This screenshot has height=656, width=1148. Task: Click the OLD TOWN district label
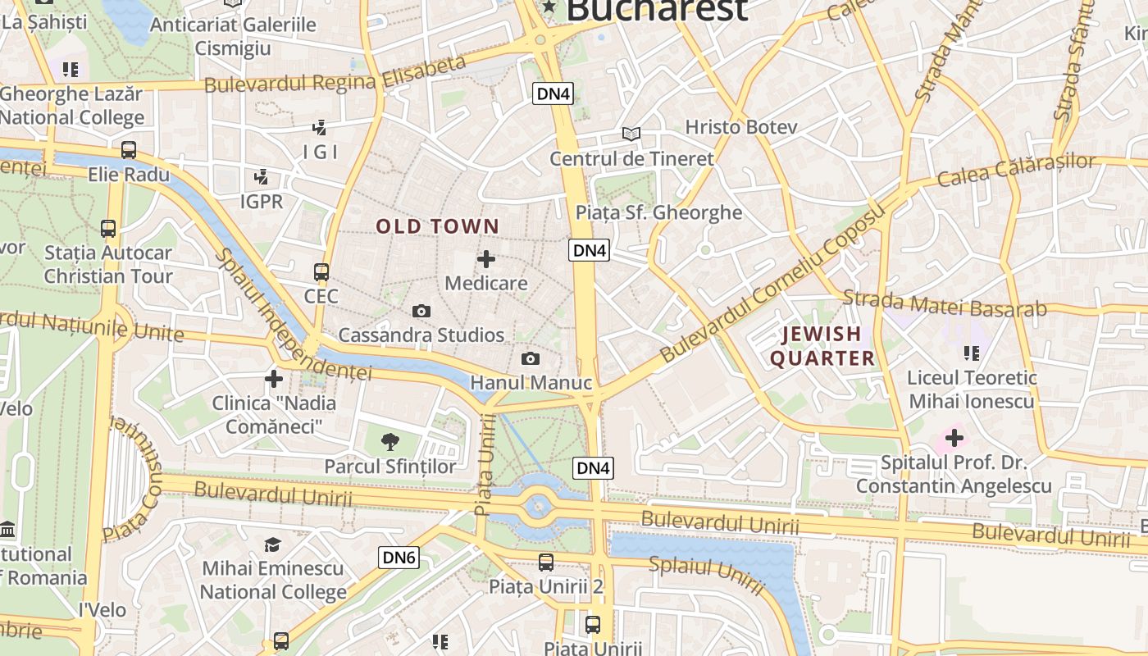click(437, 226)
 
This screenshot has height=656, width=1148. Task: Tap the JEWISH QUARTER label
click(822, 346)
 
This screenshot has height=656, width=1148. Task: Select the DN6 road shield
click(400, 558)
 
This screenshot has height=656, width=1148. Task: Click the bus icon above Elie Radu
click(129, 150)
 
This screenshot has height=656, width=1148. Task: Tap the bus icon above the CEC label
click(321, 272)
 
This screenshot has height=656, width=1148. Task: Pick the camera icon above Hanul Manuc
click(531, 358)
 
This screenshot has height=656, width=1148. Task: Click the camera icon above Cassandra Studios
click(421, 311)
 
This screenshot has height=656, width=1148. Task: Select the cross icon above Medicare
click(486, 259)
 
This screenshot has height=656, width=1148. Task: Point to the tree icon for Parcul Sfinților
click(390, 443)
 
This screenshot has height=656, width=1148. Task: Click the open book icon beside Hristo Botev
click(631, 134)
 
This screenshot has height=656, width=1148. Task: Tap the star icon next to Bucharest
click(549, 8)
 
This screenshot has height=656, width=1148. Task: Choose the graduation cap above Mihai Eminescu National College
click(273, 544)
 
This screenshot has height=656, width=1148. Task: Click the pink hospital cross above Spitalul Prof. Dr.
click(954, 438)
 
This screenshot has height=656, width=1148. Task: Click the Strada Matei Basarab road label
click(945, 303)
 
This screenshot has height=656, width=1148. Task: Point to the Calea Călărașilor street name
click(1015, 169)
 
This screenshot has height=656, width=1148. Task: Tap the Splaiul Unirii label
click(706, 574)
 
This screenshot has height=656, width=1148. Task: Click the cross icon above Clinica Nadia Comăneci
click(274, 379)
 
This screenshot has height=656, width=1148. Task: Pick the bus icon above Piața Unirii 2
click(546, 563)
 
